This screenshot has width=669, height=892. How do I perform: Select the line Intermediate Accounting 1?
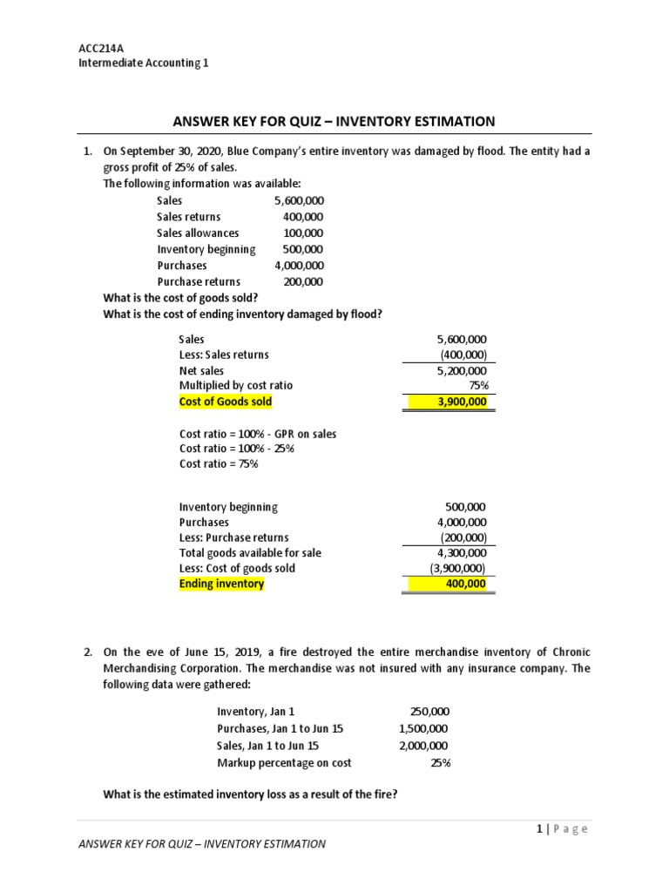tap(144, 63)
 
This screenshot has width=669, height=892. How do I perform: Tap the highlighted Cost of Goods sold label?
tap(226, 402)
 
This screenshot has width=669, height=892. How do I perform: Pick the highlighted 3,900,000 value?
tap(461, 402)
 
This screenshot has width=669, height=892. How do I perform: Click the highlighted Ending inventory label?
tap(221, 584)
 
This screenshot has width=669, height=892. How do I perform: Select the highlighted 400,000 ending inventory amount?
tap(466, 584)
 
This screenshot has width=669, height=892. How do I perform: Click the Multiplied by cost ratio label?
tap(236, 385)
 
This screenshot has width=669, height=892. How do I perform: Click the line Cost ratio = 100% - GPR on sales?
tap(258, 433)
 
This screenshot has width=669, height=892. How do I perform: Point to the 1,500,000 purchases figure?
tap(423, 728)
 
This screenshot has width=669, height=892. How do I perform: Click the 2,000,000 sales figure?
tap(423, 746)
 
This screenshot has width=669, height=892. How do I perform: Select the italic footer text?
tap(202, 843)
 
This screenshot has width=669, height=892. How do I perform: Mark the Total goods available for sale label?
tap(250, 552)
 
